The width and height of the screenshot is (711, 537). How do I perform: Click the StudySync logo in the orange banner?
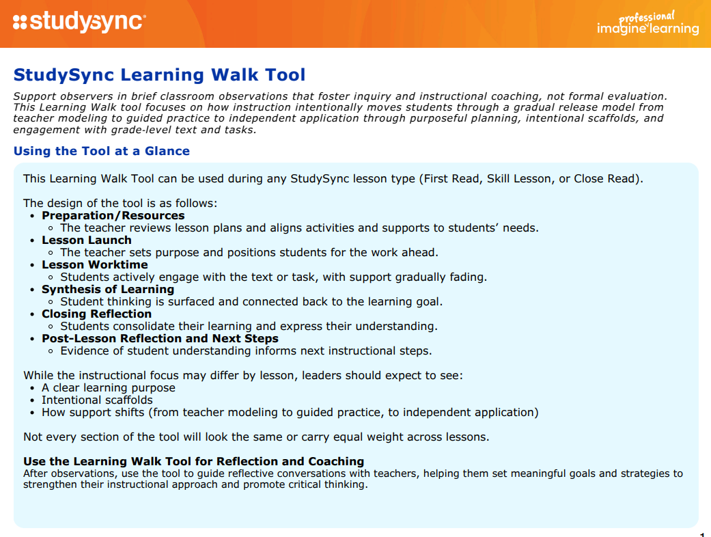click(79, 22)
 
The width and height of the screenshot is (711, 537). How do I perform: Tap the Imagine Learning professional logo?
click(647, 24)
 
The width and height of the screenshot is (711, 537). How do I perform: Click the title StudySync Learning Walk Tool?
click(160, 75)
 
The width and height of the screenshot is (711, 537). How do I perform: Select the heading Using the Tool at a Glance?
click(102, 151)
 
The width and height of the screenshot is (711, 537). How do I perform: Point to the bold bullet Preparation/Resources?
click(113, 216)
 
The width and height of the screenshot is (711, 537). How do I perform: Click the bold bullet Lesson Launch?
click(86, 240)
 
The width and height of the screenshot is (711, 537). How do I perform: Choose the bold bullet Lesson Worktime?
click(94, 265)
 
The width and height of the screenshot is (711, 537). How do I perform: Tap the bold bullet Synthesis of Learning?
click(108, 290)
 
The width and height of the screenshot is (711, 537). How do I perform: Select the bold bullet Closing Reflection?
click(96, 314)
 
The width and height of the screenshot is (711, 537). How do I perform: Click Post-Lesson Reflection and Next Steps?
click(160, 339)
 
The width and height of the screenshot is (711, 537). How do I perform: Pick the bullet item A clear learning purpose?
click(109, 388)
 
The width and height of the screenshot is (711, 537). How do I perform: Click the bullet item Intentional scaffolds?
click(97, 400)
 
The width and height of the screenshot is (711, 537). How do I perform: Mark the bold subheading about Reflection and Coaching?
click(193, 461)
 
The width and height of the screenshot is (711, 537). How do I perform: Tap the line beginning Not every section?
click(256, 437)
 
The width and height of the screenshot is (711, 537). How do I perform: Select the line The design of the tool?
click(120, 204)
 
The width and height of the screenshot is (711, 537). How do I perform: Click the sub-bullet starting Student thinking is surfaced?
click(251, 302)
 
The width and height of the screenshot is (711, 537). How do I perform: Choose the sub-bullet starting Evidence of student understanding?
click(246, 351)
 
